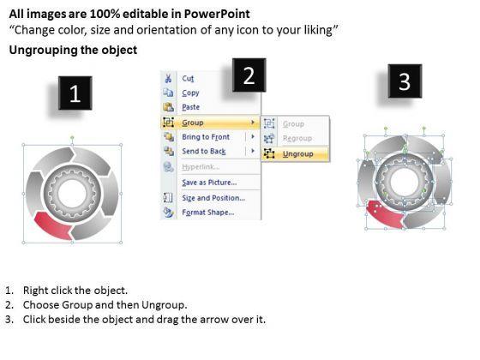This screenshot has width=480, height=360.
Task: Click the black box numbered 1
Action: coord(75,93)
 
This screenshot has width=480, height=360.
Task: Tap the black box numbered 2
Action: coord(249,75)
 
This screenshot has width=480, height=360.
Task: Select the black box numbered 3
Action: coord(405,81)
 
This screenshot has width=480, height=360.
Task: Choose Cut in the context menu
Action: coord(188,78)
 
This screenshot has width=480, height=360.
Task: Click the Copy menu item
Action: coord(190,93)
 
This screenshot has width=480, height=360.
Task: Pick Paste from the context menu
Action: coord(190,107)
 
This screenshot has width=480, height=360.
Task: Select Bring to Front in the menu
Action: coord(206,137)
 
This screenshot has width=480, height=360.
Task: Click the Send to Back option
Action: coord(204,151)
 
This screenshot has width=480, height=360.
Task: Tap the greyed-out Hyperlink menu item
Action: coord(201,167)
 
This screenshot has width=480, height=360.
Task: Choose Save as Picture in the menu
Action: coord(209,183)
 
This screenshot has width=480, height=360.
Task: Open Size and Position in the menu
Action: coord(213,198)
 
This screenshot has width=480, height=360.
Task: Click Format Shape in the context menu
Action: coord(207,213)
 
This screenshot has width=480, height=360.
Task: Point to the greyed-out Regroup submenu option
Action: coord(297,139)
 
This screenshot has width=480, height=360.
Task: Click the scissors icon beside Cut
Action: coord(168,79)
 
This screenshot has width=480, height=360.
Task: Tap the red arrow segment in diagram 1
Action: coord(52,226)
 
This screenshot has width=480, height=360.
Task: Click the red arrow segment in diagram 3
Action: coord(385,214)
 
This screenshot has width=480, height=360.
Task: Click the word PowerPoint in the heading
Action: coord(217,14)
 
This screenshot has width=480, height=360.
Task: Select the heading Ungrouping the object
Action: coord(73,50)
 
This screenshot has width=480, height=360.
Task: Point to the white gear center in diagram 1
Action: coord(72,194)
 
